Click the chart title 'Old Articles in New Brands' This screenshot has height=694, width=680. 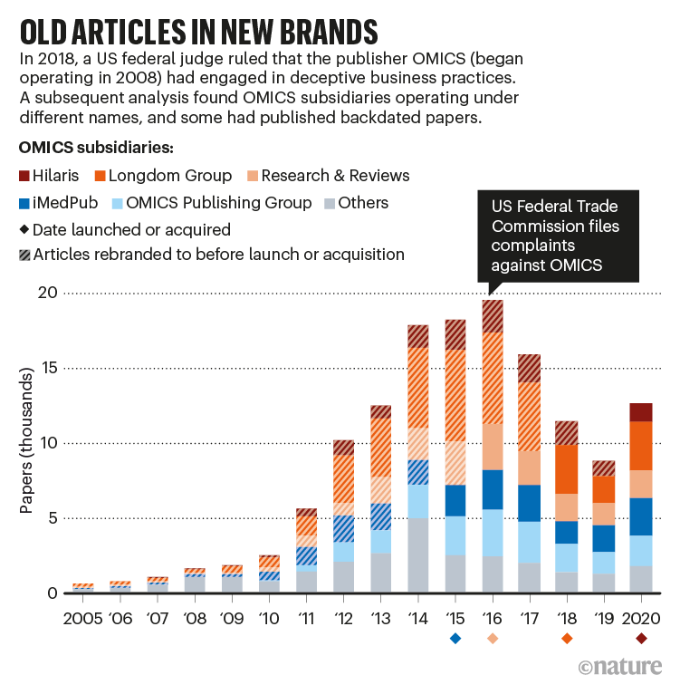pyautogui.click(x=197, y=31)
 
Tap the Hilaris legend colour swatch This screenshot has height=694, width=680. pyautogui.click(x=24, y=176)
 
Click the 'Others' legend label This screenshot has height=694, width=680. pyautogui.click(x=363, y=203)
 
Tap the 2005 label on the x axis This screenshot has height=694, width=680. pyautogui.click(x=83, y=620)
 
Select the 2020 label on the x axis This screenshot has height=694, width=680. pyautogui.click(x=641, y=620)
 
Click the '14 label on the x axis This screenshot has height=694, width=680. pyautogui.click(x=417, y=620)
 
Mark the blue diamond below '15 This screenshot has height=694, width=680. pyautogui.click(x=455, y=639)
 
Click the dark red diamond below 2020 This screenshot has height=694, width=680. pyautogui.click(x=641, y=639)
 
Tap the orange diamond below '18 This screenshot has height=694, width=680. pyautogui.click(x=567, y=639)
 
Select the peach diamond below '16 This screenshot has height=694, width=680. pyautogui.click(x=493, y=639)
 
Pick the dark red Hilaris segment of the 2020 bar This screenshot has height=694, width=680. pyautogui.click(x=641, y=412)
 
